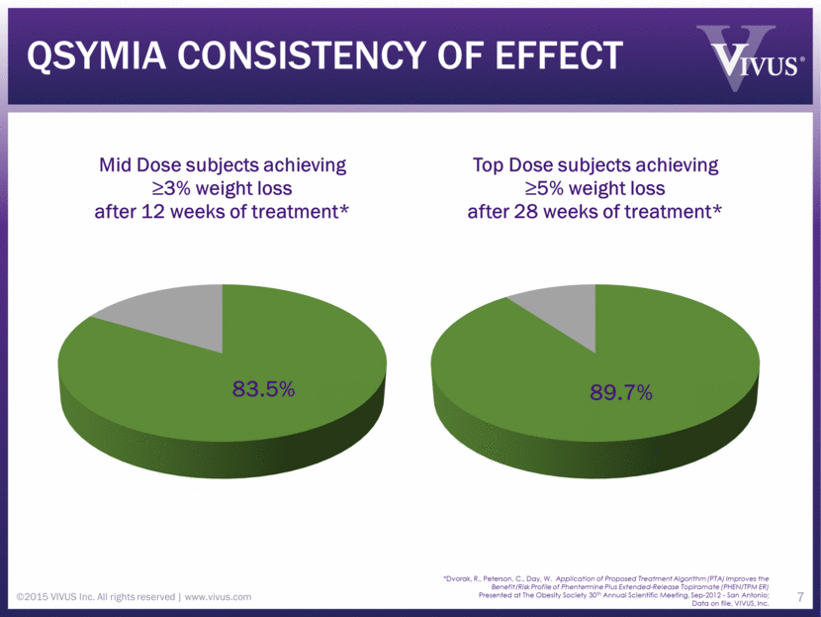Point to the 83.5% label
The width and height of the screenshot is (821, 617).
263,389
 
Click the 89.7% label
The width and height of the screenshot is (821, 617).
621,393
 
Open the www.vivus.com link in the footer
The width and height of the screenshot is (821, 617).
217,596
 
